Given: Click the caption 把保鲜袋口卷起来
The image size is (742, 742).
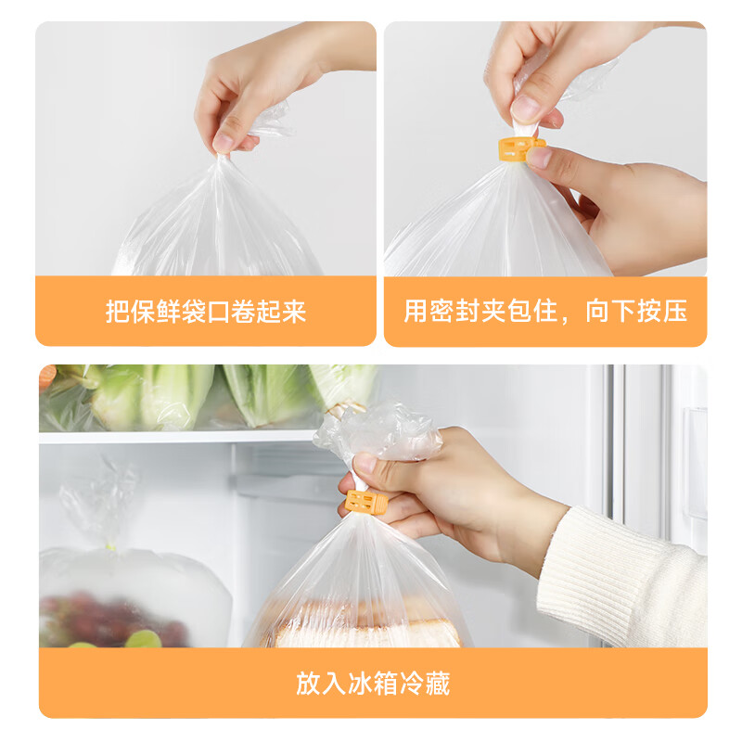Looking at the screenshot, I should (x=205, y=312).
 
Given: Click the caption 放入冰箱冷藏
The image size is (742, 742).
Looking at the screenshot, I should (x=373, y=684).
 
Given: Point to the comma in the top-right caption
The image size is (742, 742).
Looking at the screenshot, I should (x=570, y=315).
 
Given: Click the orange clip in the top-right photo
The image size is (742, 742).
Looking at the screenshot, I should (x=520, y=147).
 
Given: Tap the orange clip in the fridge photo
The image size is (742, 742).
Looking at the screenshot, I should (x=366, y=502).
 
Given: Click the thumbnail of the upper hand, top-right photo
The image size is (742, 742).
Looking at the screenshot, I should (x=526, y=108).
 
